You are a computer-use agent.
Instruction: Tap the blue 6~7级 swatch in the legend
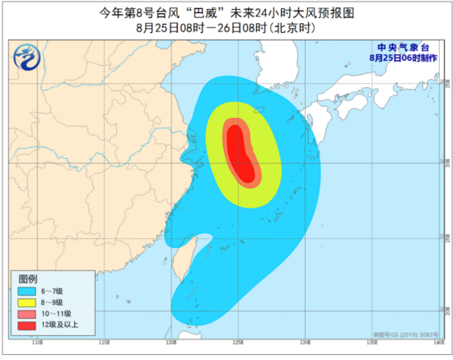[26, 291]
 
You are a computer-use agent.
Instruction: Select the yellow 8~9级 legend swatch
[26, 302]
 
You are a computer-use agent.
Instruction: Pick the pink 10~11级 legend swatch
[26, 314]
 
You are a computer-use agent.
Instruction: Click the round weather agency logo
[30, 58]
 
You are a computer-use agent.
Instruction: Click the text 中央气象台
[404, 48]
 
